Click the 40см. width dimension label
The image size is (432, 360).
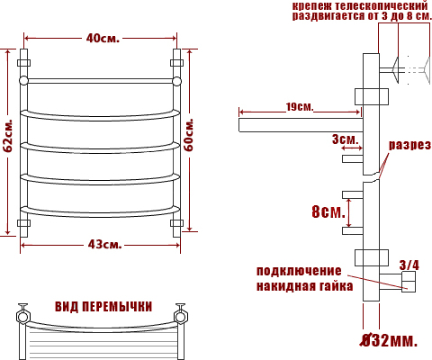pos(103,38)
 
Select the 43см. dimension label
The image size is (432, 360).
pos(104,245)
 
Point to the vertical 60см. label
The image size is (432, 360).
pos(189,135)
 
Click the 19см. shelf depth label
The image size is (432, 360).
pos(299,106)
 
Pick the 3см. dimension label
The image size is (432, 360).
pos(346,139)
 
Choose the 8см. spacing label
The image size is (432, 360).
pos(328,211)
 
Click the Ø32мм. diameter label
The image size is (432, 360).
pos(389,340)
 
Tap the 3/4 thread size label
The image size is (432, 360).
pos(409,265)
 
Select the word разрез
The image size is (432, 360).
pos(409,145)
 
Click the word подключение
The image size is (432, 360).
pos(299,271)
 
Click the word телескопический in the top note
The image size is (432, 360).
pos(381,5)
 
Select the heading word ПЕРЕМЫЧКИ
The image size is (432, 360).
pos(117,307)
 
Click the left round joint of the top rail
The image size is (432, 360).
pos(23,81)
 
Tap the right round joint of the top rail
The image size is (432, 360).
pos(177,81)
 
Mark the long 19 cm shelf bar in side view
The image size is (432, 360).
pos(301,125)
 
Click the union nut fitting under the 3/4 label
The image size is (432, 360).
pos(409,282)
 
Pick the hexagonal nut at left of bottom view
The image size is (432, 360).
pos(22,316)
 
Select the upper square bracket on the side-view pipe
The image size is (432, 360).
pos(372,96)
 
